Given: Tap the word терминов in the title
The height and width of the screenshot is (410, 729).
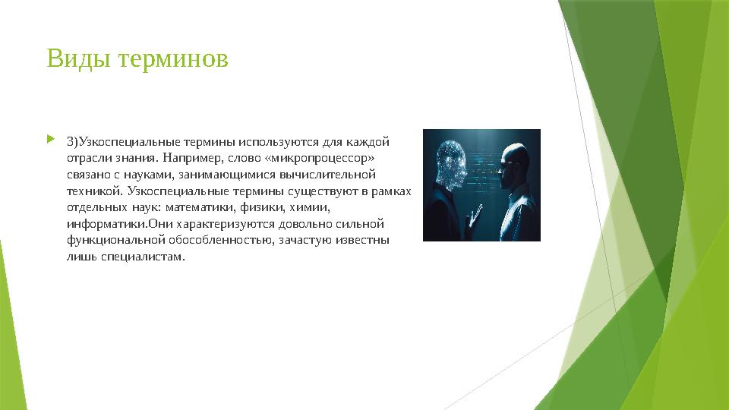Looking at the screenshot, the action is pyautogui.click(x=173, y=59).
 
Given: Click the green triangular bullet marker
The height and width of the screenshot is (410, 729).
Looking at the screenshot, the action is pyautogui.click(x=51, y=138).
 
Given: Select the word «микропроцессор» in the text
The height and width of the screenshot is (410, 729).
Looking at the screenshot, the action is pyautogui.click(x=320, y=158).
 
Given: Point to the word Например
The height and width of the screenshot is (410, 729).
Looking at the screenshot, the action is pyautogui.click(x=191, y=158).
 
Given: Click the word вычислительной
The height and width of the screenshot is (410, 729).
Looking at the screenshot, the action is pyautogui.click(x=327, y=175).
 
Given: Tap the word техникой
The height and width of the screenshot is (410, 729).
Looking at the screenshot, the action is pyautogui.click(x=95, y=191).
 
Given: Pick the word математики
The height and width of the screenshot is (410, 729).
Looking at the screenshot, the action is pyautogui.click(x=200, y=207).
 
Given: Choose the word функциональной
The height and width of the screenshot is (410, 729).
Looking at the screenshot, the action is pyautogui.click(x=116, y=241).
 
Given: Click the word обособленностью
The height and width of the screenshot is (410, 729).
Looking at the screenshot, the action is pyautogui.click(x=221, y=241).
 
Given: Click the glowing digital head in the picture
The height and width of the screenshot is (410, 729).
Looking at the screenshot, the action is pyautogui.click(x=451, y=165).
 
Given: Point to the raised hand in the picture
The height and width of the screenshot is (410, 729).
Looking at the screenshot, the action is pyautogui.click(x=474, y=217).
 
